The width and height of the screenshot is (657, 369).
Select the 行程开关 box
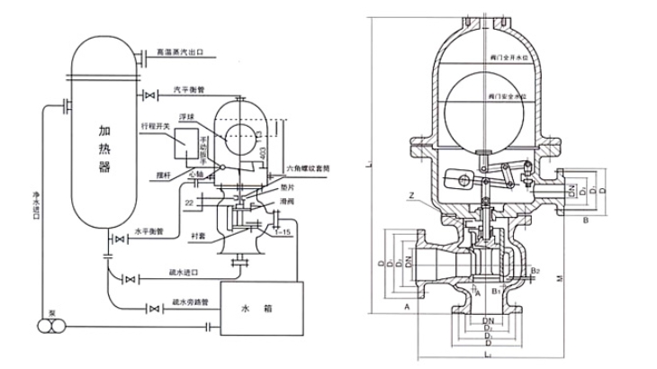188,142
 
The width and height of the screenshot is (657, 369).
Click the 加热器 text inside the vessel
105,151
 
